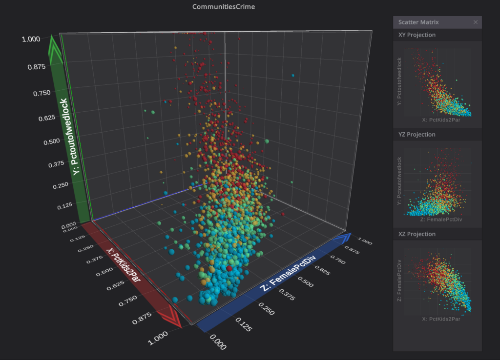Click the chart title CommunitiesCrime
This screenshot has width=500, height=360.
coord(224,7)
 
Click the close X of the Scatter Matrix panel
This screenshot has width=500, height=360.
coord(476,22)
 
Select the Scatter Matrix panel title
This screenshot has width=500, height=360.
coord(418,22)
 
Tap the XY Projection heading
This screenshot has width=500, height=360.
coord(417,35)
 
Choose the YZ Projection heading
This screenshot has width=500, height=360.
coord(417,135)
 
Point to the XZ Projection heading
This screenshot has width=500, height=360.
coord(417,234)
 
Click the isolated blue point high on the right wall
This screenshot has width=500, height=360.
coord(292,76)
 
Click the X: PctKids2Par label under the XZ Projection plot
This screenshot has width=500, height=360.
coord(441,319)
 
